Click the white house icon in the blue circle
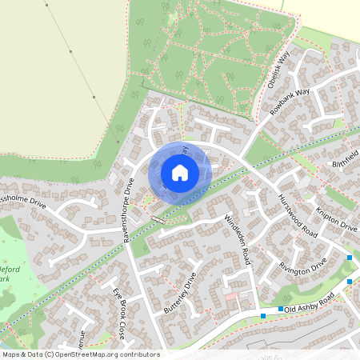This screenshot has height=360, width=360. click(x=180, y=173)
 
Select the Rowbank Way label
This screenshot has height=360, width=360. click(x=289, y=102)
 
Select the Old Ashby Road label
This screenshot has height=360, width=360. click(x=308, y=306)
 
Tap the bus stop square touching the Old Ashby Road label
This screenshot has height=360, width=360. click(x=281, y=309)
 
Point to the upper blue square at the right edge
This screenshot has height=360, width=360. click(x=350, y=258)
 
